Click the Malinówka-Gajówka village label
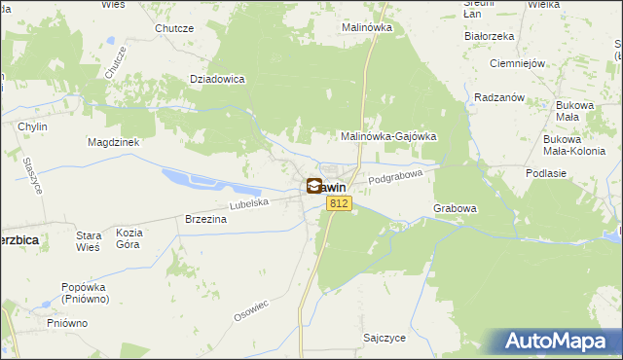click(x=387, y=137)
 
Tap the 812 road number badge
click(x=338, y=202)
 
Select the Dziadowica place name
click(x=216, y=79)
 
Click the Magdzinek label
click(x=116, y=142)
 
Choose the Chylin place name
click(x=31, y=126)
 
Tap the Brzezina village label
click(x=205, y=220)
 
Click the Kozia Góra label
click(x=129, y=239)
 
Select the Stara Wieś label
click(x=90, y=240)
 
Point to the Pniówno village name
click(x=67, y=322)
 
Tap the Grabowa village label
click(x=455, y=208)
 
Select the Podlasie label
click(x=546, y=173)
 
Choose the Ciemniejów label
click(x=516, y=62)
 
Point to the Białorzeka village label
click(x=490, y=36)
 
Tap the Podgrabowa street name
click(x=395, y=176)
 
